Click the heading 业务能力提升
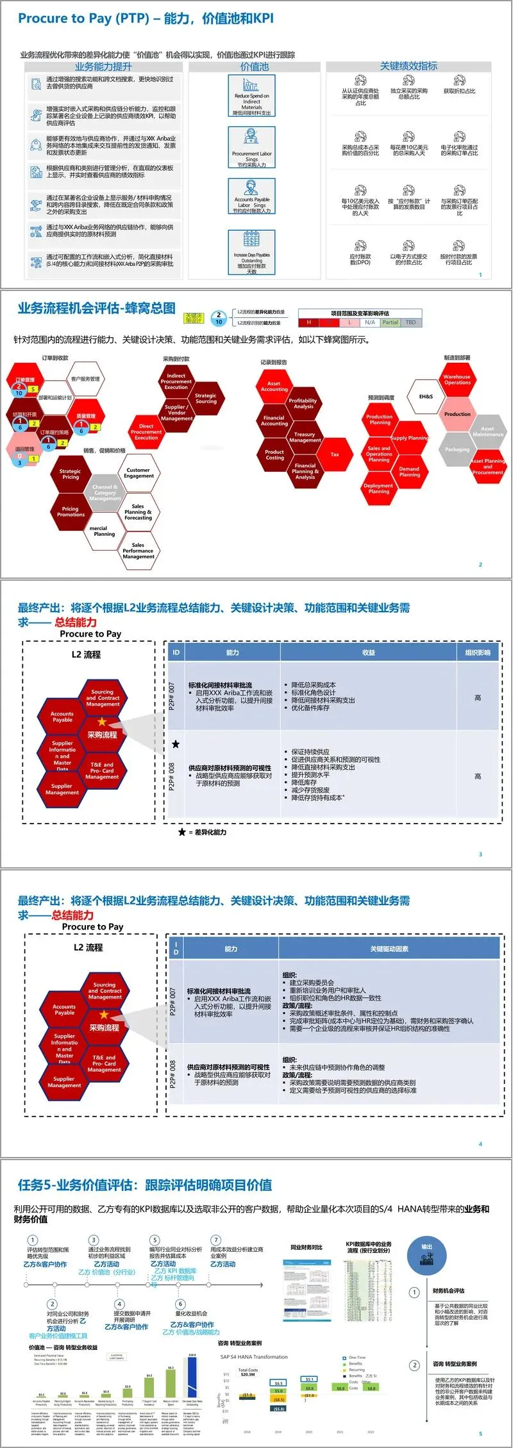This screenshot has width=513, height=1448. pyautogui.click(x=103, y=67)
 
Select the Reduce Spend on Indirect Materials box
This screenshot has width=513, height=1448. pyautogui.click(x=251, y=96)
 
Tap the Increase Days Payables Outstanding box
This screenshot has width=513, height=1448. pyautogui.click(x=251, y=253)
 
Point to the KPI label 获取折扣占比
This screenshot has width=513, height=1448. pyautogui.click(x=459, y=91)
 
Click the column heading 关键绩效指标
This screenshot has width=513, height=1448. pyautogui.click(x=408, y=66)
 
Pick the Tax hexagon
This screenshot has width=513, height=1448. pyautogui.click(x=335, y=454)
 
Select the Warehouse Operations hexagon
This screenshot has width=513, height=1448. pyautogui.click(x=457, y=379)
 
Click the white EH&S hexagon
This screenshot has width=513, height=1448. pyautogui.click(x=426, y=397)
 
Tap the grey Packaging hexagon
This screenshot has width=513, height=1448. pyautogui.click(x=457, y=449)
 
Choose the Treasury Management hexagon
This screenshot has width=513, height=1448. pyautogui.click(x=305, y=437)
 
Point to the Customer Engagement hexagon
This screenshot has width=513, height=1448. pyautogui.click(x=138, y=473)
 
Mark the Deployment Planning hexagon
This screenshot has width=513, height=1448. pyautogui.click(x=378, y=488)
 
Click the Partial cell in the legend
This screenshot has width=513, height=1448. pyautogui.click(x=390, y=322)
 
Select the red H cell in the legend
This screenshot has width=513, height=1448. pyautogui.click(x=308, y=322)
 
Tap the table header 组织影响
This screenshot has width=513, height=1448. pyautogui.click(x=477, y=653)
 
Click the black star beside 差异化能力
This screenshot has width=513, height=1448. pyautogui.click(x=182, y=832)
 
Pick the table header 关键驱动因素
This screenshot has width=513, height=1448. pyautogui.click(x=389, y=949)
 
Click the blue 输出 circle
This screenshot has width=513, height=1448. pyautogui.click(x=426, y=1251)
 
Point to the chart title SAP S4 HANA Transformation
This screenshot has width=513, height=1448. pyautogui.click(x=254, y=1357)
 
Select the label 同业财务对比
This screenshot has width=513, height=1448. pyautogui.click(x=307, y=1247)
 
